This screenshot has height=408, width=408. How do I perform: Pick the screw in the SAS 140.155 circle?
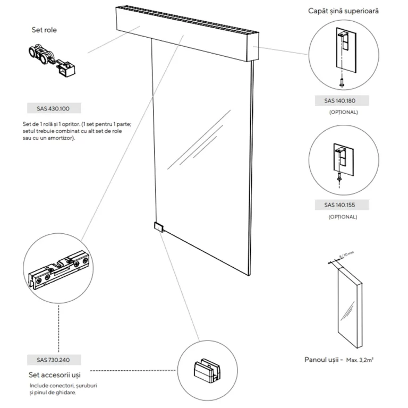(x=338, y=180)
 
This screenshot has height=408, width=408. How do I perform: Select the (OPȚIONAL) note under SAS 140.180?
(x=343, y=113)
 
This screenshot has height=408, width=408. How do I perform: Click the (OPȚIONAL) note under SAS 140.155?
(x=343, y=217)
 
